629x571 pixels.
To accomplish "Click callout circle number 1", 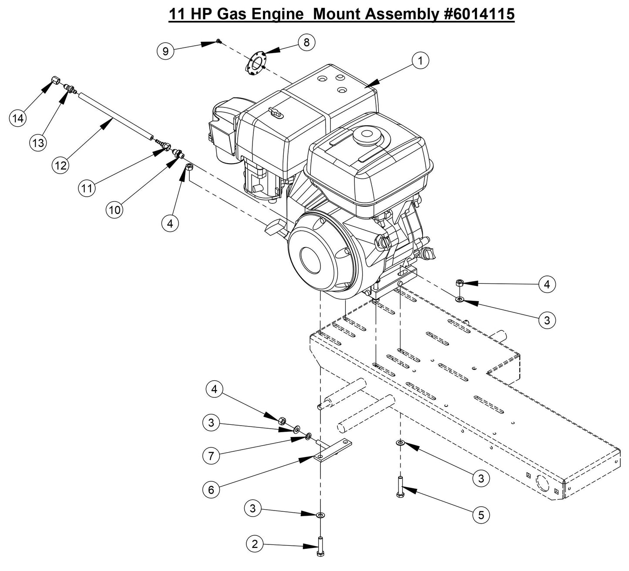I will click(420, 61).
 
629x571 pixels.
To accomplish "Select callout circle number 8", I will click(306, 42).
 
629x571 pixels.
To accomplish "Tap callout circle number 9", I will click(165, 51).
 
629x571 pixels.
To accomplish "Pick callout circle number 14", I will click(18, 118).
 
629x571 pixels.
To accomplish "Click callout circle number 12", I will click(61, 165).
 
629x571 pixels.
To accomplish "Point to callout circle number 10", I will click(114, 210).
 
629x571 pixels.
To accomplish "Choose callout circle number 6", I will click(211, 490).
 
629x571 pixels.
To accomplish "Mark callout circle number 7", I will click(211, 456).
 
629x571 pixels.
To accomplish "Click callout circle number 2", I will click(255, 544).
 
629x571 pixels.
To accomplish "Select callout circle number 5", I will click(481, 515).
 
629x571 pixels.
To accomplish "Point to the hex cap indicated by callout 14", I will click(55, 81).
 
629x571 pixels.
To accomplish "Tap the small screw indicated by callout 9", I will click(219, 41).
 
